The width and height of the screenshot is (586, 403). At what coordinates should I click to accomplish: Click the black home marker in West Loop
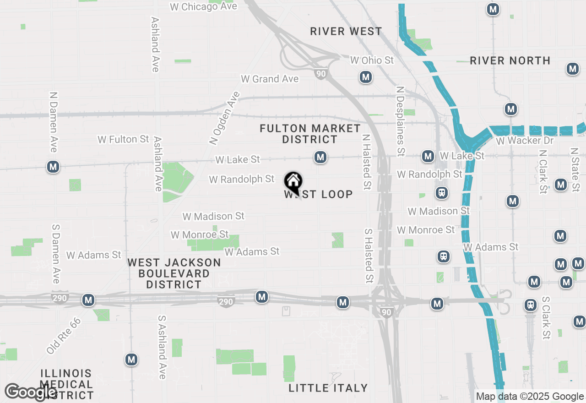point(293,181)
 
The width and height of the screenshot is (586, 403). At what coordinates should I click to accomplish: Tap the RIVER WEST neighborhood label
point(346,31)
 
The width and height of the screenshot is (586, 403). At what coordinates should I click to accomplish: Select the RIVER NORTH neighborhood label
point(510,60)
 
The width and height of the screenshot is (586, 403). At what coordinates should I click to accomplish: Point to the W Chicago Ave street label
point(203,6)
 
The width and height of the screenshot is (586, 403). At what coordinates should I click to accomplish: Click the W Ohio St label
point(372,60)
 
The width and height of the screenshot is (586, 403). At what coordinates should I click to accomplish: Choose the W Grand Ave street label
point(270,79)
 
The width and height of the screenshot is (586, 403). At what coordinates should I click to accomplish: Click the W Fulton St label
point(123,139)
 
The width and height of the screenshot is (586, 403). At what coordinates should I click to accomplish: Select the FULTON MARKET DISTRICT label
point(310,134)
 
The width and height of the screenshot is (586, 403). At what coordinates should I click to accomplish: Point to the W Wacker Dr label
point(525,140)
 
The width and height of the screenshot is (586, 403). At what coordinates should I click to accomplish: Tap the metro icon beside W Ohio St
point(365,77)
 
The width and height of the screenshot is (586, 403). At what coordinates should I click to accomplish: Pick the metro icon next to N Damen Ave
point(53,167)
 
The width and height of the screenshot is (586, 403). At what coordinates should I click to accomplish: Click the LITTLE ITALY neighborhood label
point(328,388)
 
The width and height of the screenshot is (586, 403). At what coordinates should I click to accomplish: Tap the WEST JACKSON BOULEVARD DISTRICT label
point(174,273)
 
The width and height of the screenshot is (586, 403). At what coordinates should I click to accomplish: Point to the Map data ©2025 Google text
point(530,397)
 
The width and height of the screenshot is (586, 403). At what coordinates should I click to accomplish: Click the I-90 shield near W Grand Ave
point(321,74)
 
